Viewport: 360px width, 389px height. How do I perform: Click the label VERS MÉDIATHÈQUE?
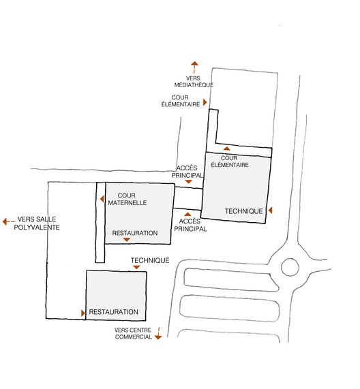(194, 82)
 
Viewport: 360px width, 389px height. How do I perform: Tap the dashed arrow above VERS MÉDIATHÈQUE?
(194, 67)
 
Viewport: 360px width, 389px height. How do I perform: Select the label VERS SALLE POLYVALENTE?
(37, 223)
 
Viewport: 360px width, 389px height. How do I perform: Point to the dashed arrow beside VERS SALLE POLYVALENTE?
(8, 221)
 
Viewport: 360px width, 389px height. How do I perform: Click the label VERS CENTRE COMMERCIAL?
(133, 333)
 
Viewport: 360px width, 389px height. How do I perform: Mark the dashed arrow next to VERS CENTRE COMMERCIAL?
(158, 333)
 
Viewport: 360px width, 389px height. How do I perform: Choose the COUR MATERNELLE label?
(127, 199)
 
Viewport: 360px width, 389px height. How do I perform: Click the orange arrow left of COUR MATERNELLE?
(102, 199)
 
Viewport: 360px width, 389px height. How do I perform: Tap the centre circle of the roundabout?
(290, 267)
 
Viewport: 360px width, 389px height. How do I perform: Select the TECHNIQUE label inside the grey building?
(243, 211)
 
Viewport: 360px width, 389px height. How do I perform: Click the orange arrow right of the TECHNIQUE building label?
(270, 211)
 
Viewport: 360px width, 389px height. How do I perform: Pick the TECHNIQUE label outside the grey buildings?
(150, 260)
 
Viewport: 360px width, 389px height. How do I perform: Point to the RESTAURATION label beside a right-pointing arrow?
(113, 312)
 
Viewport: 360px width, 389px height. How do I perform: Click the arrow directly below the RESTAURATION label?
(127, 240)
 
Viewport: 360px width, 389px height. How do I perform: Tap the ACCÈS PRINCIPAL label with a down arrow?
(187, 172)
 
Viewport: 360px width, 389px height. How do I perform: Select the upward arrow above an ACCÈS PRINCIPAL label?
(187, 215)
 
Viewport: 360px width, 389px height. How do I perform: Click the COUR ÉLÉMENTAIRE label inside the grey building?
(230, 161)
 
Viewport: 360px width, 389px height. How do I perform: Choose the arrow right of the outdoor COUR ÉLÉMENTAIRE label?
(205, 102)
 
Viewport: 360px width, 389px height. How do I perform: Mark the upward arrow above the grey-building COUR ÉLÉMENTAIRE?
(226, 149)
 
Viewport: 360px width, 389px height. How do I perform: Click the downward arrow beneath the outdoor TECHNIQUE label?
(136, 267)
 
